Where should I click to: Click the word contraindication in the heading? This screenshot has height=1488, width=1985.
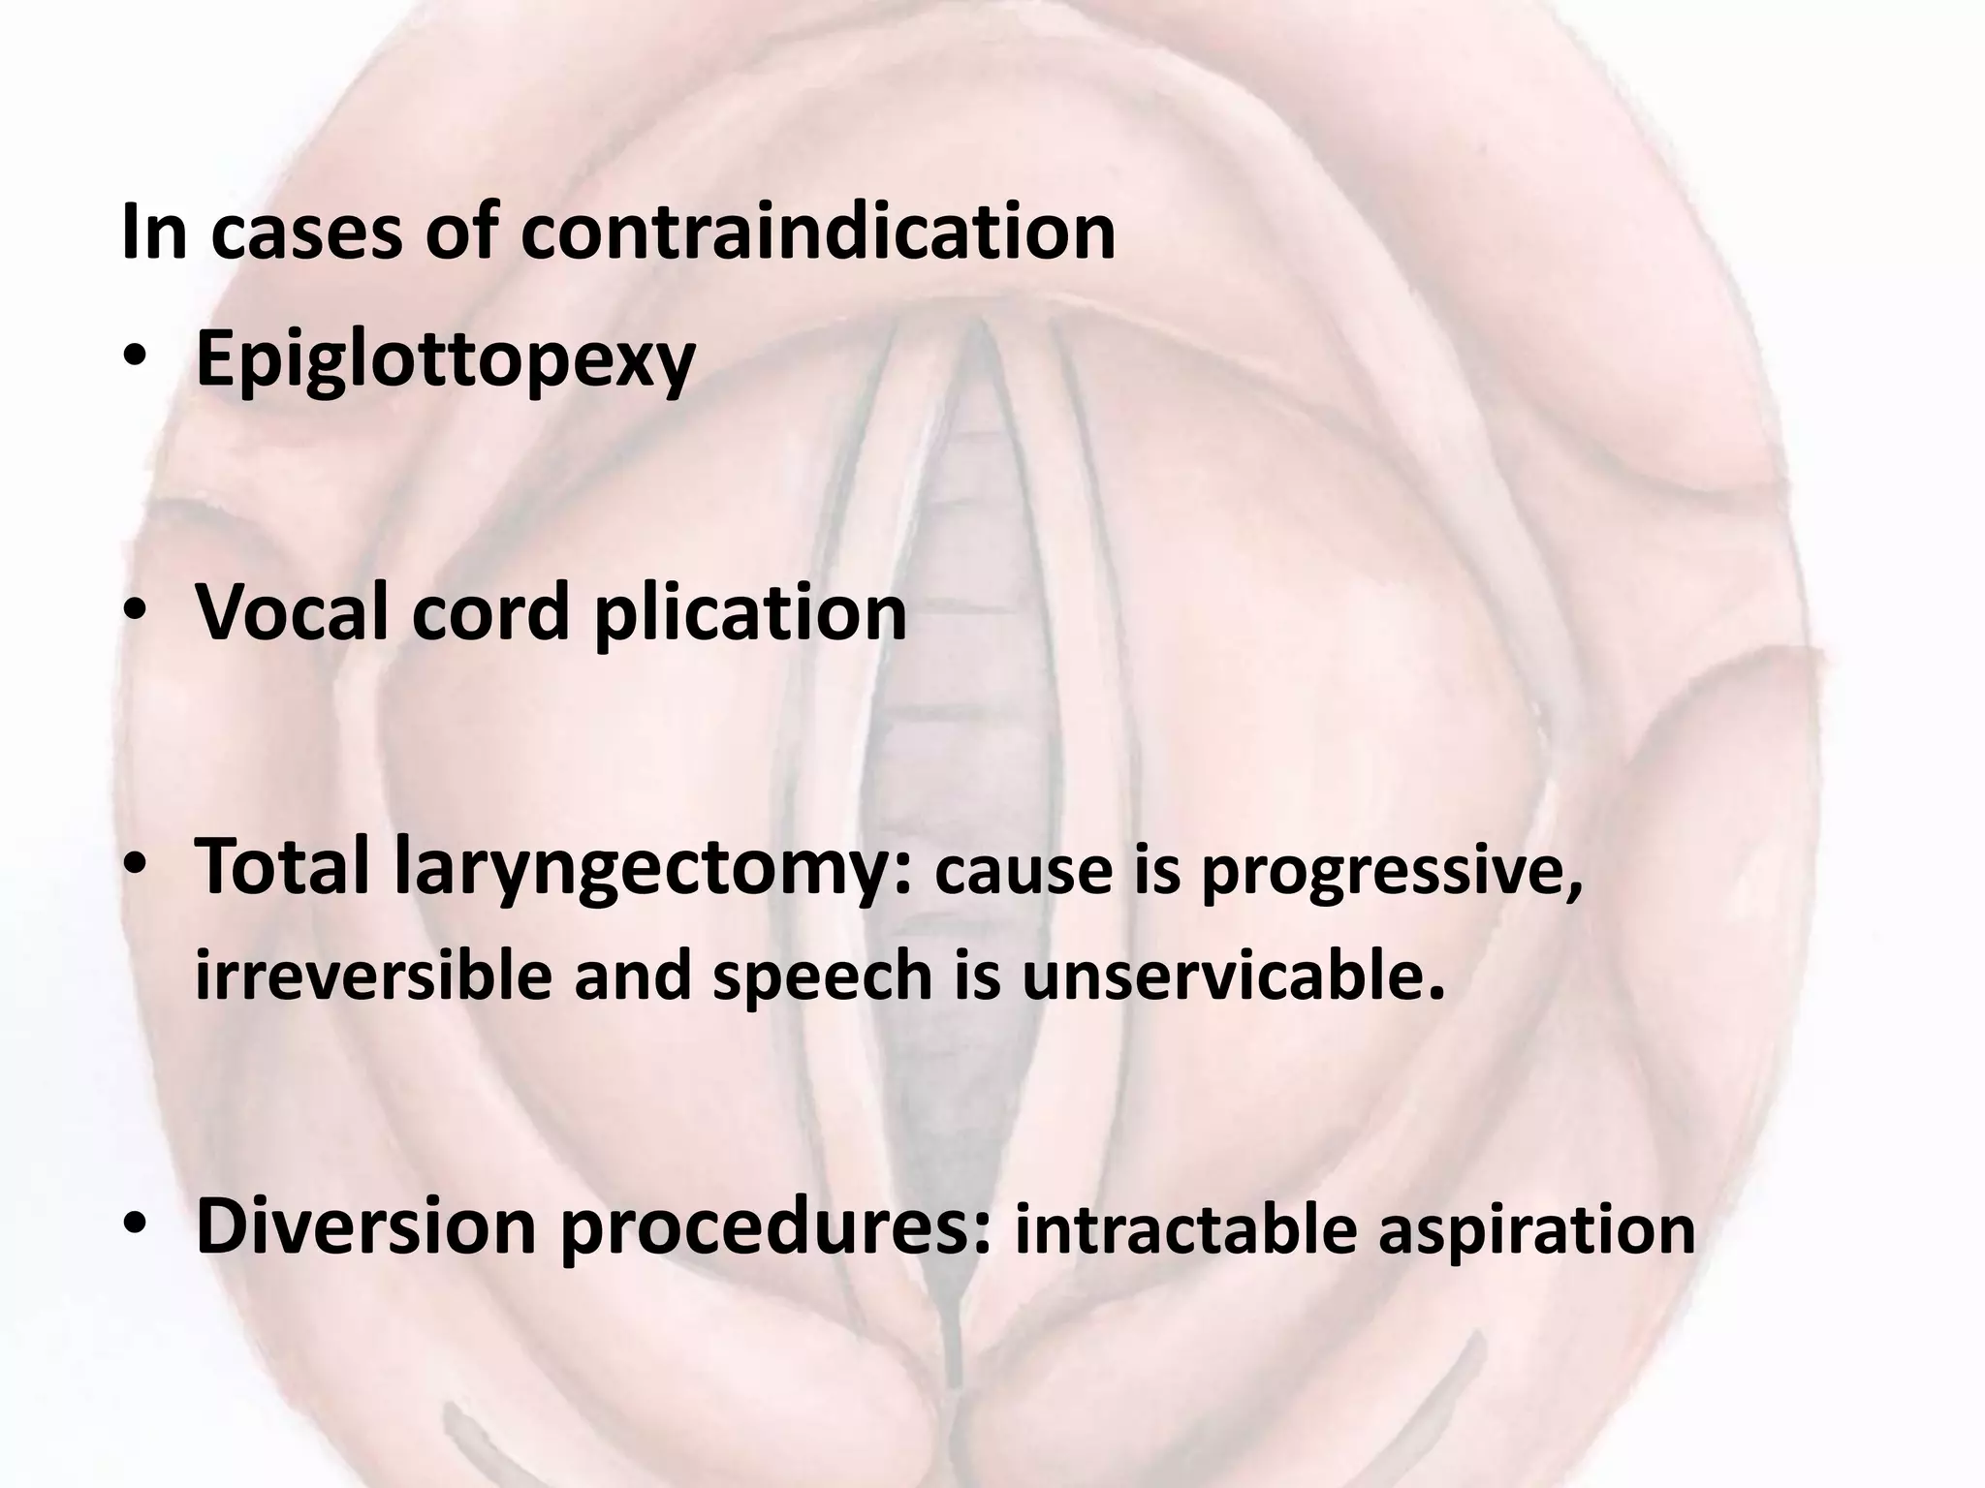tap(818, 232)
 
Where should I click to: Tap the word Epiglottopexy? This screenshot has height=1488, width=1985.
tap(446, 360)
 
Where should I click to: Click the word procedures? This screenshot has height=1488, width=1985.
tap(776, 1228)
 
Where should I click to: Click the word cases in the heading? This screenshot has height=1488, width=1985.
tap(305, 234)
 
